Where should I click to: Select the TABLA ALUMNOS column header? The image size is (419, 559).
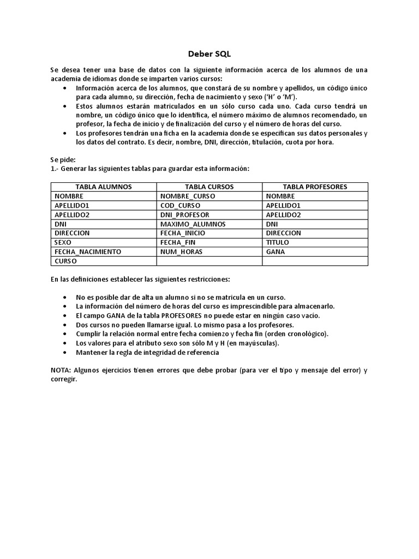point(104,187)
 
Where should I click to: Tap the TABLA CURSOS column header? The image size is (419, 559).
point(209,187)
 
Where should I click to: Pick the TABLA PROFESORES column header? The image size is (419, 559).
point(315,187)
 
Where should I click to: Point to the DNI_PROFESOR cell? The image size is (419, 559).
point(185,215)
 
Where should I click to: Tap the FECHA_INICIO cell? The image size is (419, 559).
point(183,233)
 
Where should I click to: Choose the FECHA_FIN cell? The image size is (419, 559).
point(178,242)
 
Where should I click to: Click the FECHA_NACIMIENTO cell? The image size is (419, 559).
point(88,252)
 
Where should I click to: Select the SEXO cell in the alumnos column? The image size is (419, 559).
point(63,242)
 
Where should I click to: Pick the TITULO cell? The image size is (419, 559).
point(278,242)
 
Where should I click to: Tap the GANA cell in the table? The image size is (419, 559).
point(276,252)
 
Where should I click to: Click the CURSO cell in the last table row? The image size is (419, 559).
point(65,261)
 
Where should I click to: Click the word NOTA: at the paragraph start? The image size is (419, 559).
point(61,371)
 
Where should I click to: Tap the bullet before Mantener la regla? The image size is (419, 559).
point(66,353)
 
